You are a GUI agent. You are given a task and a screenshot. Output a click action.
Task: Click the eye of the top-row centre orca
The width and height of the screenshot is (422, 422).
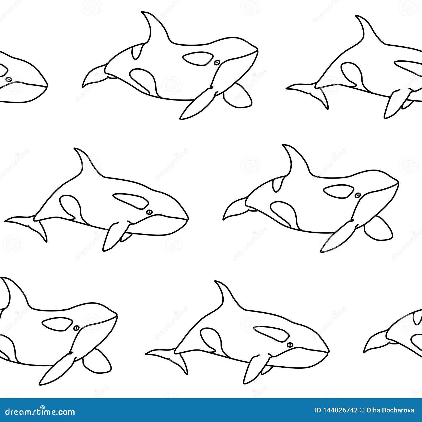pyautogui.click(x=217, y=63)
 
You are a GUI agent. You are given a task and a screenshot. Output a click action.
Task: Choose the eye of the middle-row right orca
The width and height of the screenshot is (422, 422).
pyautogui.click(x=357, y=195)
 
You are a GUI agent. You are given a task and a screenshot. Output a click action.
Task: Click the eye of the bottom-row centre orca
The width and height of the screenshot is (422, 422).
pyautogui.click(x=290, y=345)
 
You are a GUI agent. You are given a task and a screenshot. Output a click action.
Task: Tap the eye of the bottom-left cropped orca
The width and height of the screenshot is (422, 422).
pyautogui.click(x=76, y=328)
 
